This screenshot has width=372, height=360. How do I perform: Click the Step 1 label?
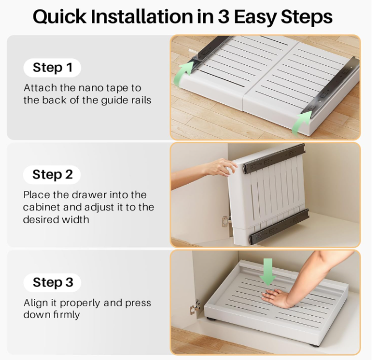coord(52,68)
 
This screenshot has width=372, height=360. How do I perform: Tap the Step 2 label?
coord(52,175)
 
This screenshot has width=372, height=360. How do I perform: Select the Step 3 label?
coord(52,282)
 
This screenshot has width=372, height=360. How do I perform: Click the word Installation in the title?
coord(141,17)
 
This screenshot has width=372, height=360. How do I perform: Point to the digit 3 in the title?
coord(223,17)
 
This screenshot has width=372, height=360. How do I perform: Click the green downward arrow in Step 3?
coord(268,272)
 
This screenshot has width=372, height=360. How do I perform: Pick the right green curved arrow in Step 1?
coord(301,124)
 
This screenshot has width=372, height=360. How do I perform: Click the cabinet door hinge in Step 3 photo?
coord(195,307)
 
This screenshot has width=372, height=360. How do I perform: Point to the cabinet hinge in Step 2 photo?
coord(225,221)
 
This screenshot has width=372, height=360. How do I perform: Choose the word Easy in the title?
coord(255,17)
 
